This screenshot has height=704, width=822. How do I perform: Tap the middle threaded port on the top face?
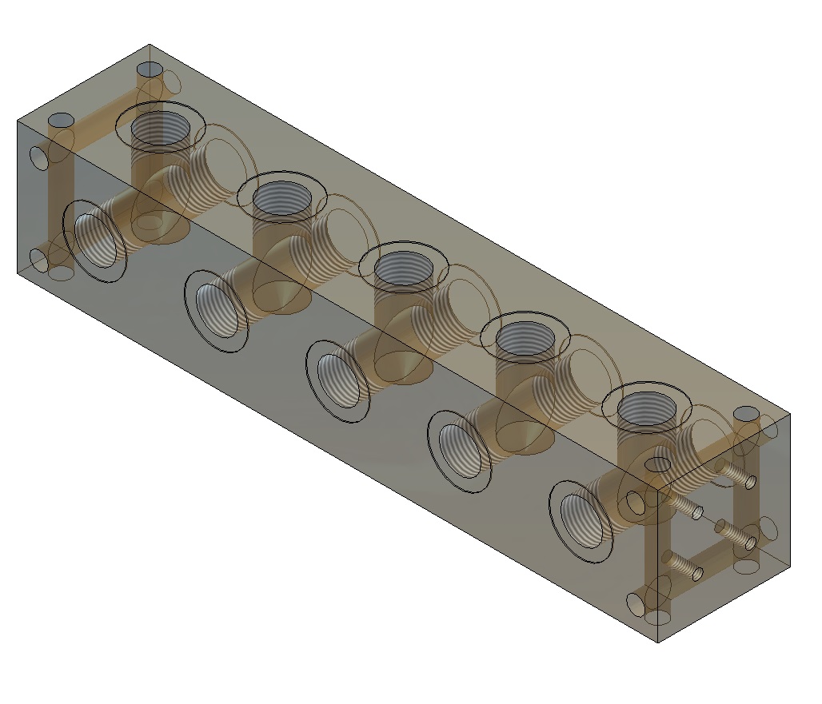coord(403,269)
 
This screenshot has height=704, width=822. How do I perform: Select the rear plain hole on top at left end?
coord(149,70)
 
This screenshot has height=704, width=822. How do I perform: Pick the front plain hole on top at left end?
coord(61,121)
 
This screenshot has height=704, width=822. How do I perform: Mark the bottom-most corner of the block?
coord(657,642)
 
